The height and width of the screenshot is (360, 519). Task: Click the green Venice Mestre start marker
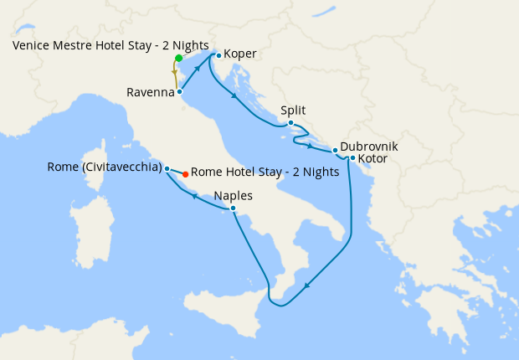(x=179, y=59)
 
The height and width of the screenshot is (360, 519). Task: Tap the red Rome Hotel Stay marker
(x=185, y=175)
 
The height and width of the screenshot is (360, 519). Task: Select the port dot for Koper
(x=218, y=55)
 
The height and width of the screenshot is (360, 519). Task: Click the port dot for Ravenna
(x=180, y=91)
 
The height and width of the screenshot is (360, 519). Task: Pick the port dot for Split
(x=290, y=123)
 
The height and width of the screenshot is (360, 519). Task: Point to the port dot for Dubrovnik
(x=335, y=151)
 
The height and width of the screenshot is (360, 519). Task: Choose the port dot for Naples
(x=233, y=208)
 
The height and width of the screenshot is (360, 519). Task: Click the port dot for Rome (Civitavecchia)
(x=167, y=169)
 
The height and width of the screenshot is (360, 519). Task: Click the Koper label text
(x=240, y=55)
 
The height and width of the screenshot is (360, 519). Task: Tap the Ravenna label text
(x=152, y=92)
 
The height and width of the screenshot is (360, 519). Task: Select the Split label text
(x=293, y=111)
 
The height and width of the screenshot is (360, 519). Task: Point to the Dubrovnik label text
(x=369, y=147)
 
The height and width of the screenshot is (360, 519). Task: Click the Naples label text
(x=234, y=195)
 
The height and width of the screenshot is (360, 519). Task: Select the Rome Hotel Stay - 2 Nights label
(x=265, y=173)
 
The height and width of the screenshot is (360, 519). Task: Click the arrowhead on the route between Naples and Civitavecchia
(x=195, y=196)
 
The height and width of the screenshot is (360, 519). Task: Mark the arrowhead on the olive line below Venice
(x=174, y=73)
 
